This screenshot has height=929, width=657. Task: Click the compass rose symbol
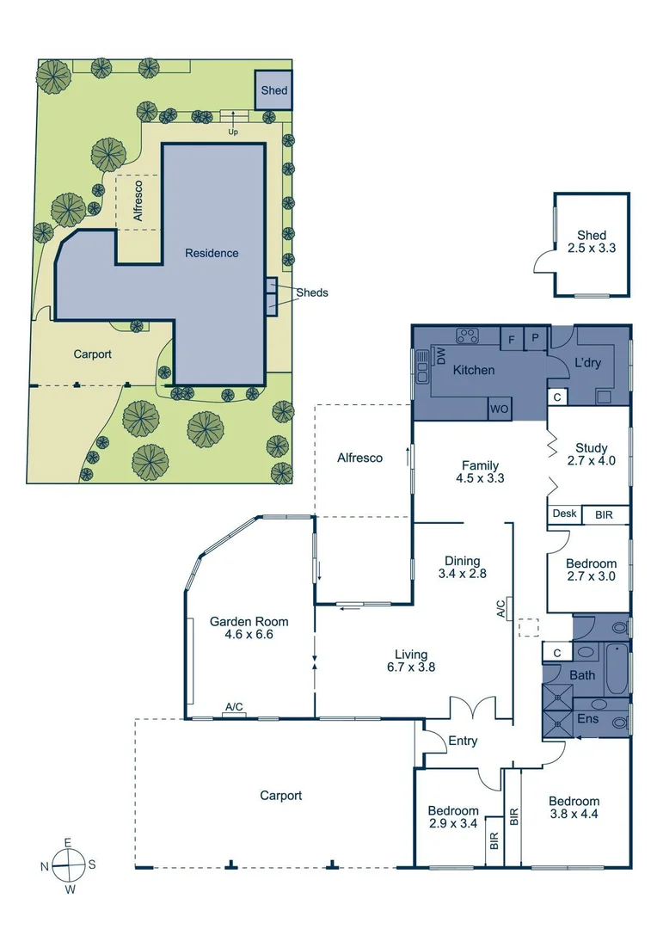coord(68,864)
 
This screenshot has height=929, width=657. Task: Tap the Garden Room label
coord(249,622)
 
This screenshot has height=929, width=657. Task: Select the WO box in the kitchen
coord(499,410)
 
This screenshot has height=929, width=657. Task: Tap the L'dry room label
coord(587,363)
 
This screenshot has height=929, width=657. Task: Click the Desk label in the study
coord(564,514)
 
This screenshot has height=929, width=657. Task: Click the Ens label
coord(587,718)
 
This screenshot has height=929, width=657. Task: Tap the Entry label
coord(463,741)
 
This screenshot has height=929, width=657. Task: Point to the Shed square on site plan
coord(274,90)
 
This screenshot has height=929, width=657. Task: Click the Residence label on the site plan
coord(212,253)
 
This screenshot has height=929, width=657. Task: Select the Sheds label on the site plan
coord(311,292)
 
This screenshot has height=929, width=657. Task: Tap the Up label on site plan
coord(232,132)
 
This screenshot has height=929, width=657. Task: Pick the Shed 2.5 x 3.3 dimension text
coord(592,248)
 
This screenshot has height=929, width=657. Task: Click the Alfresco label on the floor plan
coord(359,458)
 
